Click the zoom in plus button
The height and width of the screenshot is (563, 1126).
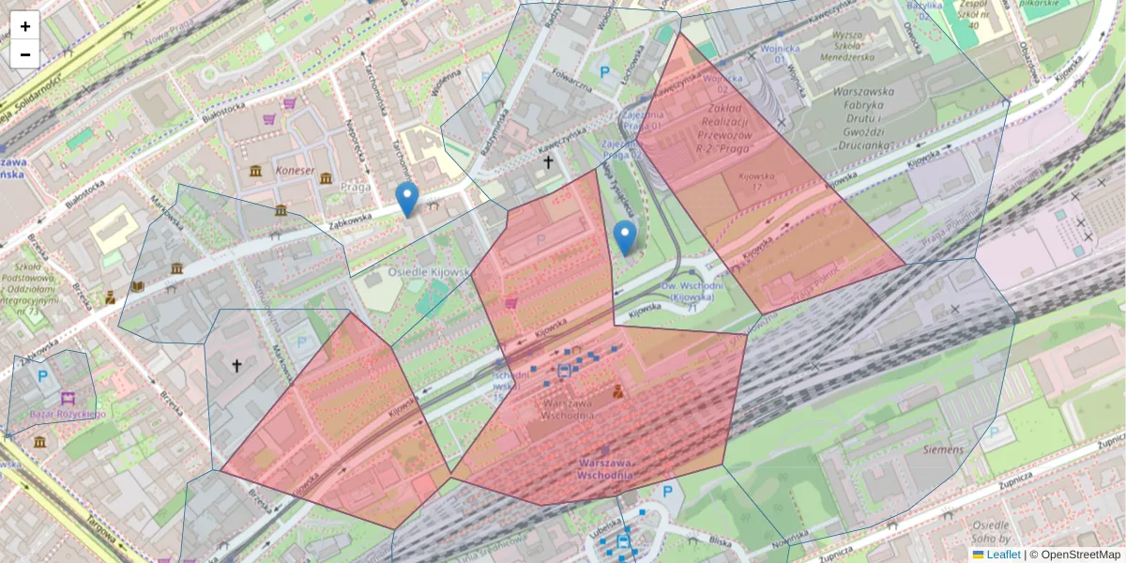(25, 26)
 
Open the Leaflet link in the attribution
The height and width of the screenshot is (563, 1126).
(1003, 555)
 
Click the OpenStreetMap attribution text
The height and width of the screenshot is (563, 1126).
(1080, 555)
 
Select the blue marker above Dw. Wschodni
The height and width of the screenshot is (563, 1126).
(624, 237)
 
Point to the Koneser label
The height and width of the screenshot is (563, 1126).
(296, 170)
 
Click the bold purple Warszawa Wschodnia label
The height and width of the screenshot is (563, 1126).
(616, 469)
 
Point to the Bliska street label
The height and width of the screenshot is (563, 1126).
(720, 540)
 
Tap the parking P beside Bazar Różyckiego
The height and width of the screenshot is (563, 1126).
(42, 376)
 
